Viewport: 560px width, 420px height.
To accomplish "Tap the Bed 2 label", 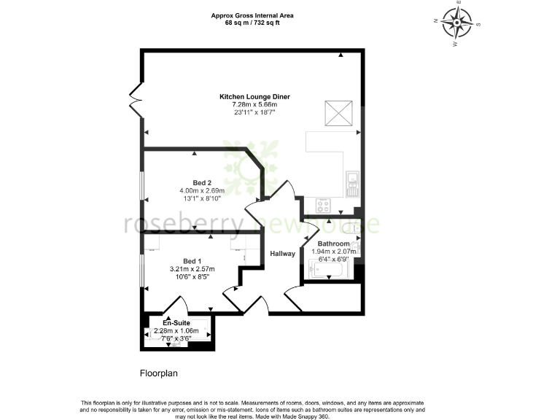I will coord(202,182).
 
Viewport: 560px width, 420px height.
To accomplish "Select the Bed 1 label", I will coord(192,261).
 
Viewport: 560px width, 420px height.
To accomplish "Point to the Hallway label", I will coord(282,254).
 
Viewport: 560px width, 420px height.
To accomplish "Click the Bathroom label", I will coord(333,244).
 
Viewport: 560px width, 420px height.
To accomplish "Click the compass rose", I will coord(458,23).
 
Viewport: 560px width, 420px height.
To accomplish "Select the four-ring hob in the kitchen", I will coord(322,206).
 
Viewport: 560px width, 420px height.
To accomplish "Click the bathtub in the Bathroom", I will coord(330,271).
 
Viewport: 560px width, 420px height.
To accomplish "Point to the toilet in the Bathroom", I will coord(355,228).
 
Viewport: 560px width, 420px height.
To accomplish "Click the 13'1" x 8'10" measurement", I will coord(202,198).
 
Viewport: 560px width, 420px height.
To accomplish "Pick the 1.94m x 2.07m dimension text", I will coord(333,252).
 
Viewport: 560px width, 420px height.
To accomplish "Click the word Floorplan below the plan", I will coord(159,373).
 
